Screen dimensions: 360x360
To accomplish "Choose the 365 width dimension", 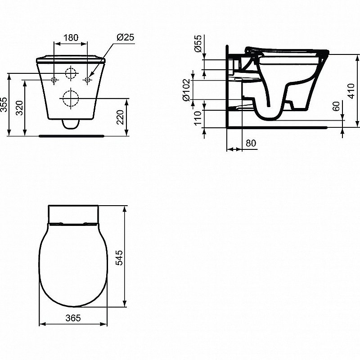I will click(x=73, y=318).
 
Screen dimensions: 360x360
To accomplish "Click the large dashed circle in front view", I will click(x=71, y=98).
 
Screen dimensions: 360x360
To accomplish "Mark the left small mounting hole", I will click(x=54, y=80).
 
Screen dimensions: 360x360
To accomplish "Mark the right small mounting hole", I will click(x=88, y=80).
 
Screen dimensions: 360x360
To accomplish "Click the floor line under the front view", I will click(x=72, y=135).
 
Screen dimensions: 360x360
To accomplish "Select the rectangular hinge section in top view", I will click(x=73, y=214).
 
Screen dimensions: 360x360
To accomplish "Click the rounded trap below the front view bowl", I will click(x=71, y=124).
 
